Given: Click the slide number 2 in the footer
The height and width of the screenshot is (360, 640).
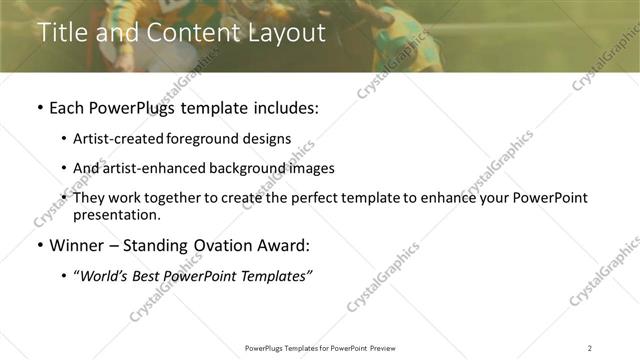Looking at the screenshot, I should point(590,347).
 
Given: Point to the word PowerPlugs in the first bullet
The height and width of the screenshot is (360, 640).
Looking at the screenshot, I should point(135,107).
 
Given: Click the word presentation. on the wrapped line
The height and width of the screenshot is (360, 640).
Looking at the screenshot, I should point(116,214).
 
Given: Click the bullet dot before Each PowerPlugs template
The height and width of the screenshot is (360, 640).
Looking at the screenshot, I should point(39,108).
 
